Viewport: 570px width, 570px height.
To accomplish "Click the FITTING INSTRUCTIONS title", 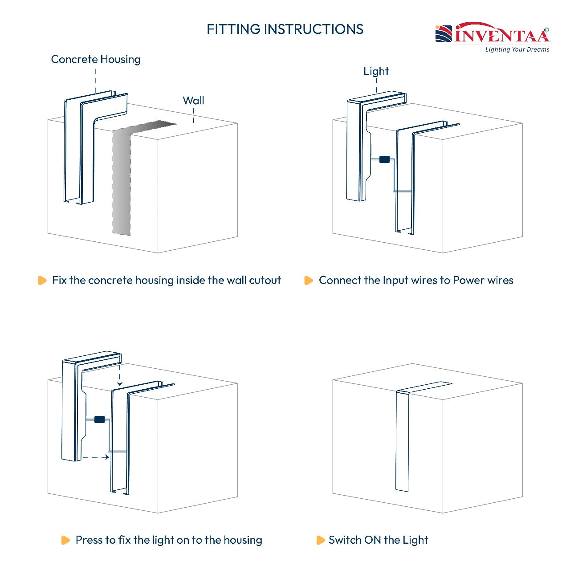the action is [x=285, y=29].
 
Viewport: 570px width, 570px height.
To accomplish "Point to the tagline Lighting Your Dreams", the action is [x=517, y=49].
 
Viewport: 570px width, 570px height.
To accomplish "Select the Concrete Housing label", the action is [x=96, y=59].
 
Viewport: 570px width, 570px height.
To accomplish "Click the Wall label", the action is [x=193, y=101].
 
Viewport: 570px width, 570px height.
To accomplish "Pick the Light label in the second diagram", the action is [x=376, y=71].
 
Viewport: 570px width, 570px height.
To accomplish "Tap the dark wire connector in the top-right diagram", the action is [x=384, y=159].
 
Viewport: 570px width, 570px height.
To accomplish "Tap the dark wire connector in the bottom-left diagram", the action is [x=99, y=419].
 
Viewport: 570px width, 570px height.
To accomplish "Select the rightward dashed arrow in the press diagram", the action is [x=96, y=457].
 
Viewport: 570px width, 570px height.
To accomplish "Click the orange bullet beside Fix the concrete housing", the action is [x=42, y=280].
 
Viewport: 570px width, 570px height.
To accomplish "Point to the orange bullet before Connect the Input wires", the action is [x=309, y=280].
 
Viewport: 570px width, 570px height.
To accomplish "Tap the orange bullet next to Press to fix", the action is [x=65, y=540].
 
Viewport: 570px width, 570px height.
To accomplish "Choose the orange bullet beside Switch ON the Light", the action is [x=321, y=540].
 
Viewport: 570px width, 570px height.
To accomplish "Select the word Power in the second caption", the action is [x=468, y=280].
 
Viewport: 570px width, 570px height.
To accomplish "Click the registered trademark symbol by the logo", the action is [x=546, y=30].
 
